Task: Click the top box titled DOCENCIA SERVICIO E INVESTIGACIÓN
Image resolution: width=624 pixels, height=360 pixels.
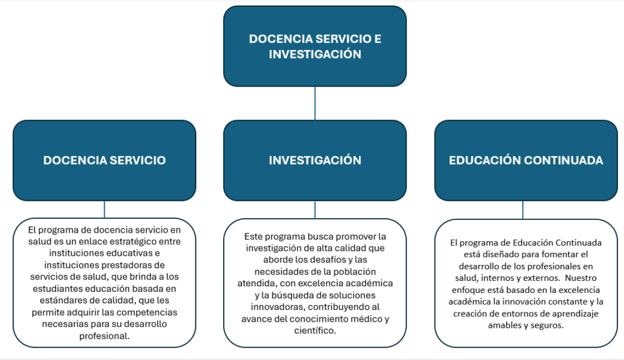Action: pyautogui.click(x=314, y=46)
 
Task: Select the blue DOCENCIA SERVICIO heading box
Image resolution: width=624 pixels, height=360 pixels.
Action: pyautogui.click(x=104, y=160)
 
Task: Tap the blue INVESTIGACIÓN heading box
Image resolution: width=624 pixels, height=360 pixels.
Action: pyautogui.click(x=314, y=160)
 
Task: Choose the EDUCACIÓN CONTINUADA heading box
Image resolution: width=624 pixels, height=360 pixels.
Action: pyautogui.click(x=525, y=160)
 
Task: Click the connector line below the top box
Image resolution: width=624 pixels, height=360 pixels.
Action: pyautogui.click(x=314, y=103)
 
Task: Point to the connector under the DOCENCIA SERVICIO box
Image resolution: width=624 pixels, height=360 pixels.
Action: pyautogui.click(x=104, y=209)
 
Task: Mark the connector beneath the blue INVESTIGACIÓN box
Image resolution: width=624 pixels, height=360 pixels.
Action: pyautogui.click(x=314, y=210)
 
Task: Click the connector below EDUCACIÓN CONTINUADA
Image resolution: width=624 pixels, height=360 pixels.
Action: pyautogui.click(x=523, y=210)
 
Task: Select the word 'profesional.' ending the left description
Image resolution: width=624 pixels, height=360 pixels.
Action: pyautogui.click(x=105, y=335)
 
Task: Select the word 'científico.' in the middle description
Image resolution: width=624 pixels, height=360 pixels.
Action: pyautogui.click(x=314, y=330)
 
